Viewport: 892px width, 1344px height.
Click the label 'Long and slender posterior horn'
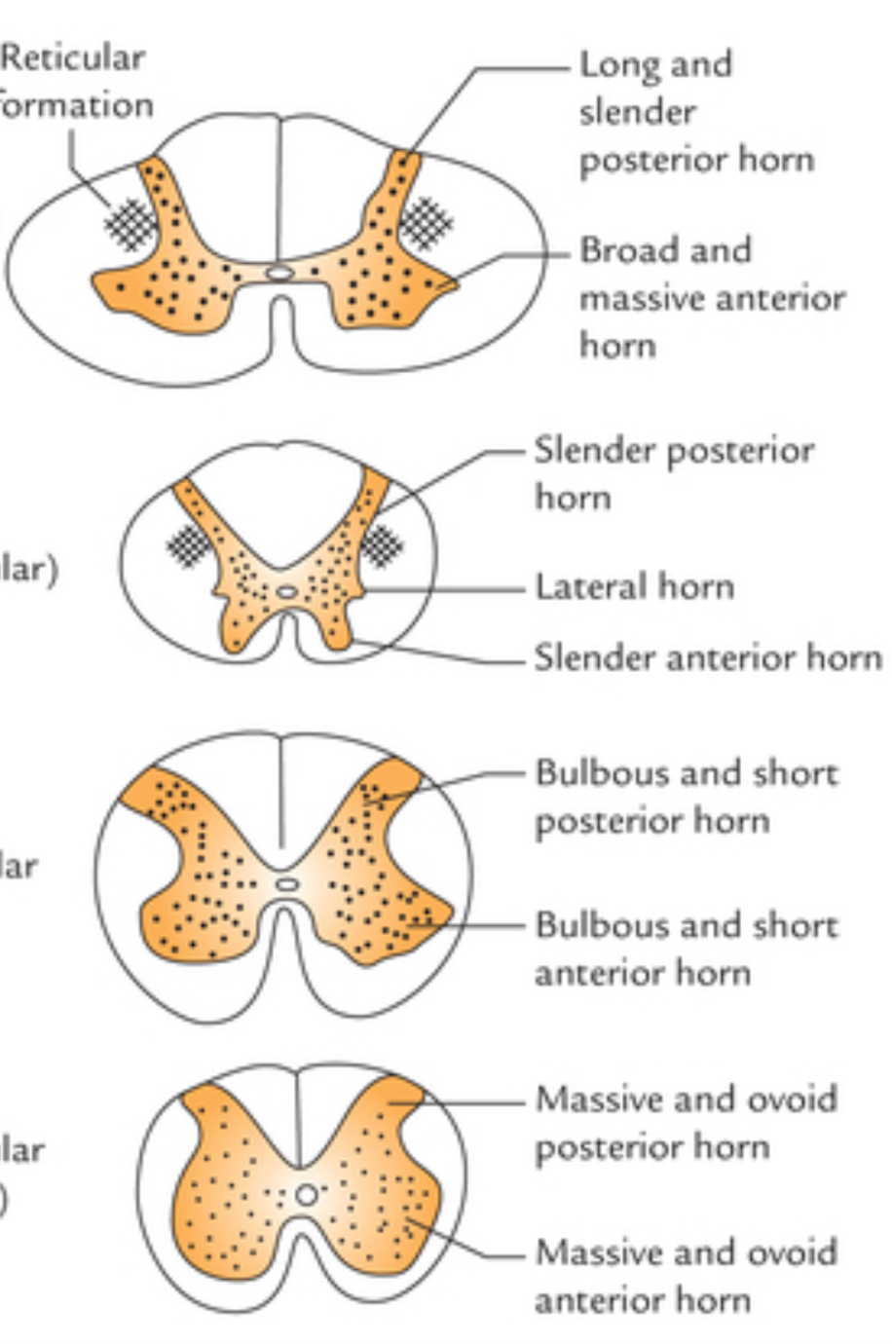click(x=695, y=112)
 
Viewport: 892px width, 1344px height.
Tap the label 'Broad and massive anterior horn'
click(x=711, y=297)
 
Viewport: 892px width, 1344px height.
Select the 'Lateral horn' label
click(x=633, y=587)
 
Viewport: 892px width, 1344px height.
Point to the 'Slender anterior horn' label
click(x=707, y=658)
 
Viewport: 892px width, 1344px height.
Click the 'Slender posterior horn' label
click(x=673, y=473)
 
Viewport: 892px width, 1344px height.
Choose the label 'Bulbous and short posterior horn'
click(x=686, y=797)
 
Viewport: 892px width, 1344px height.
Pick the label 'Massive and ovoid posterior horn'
click(x=686, y=1123)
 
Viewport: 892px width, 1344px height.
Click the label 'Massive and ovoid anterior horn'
click(x=686, y=1275)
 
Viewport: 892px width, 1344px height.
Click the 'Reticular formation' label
click(x=74, y=81)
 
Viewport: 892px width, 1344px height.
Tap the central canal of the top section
click(x=279, y=274)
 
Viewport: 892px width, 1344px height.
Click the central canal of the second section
click(x=286, y=591)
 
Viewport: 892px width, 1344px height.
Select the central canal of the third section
click(x=287, y=883)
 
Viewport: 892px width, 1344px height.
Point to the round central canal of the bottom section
click(x=307, y=1194)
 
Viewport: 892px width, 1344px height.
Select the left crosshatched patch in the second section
click(x=189, y=545)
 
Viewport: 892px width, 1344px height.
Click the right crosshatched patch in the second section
click(x=382, y=545)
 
